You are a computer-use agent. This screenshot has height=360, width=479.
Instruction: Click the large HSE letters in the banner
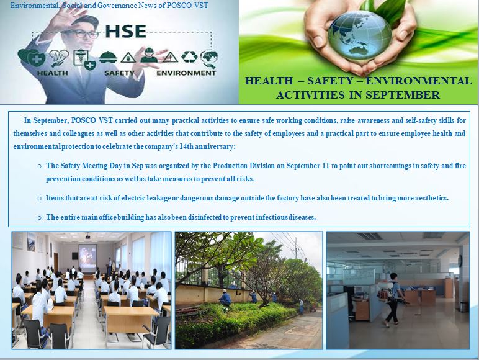(x=126, y=31)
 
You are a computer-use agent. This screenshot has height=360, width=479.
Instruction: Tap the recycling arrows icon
(x=189, y=57)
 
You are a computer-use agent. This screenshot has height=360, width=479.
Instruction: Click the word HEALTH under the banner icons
(x=53, y=73)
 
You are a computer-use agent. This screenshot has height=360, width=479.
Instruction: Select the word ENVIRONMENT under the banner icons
(x=186, y=73)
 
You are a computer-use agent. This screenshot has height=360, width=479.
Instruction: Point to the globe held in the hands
(x=359, y=35)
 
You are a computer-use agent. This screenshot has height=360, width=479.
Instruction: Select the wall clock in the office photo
(x=460, y=260)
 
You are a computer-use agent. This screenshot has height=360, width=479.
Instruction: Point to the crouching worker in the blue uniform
(x=225, y=298)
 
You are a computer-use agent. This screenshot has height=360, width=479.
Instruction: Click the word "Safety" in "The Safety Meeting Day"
(x=70, y=166)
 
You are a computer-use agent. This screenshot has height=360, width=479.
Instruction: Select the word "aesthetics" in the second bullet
(x=431, y=198)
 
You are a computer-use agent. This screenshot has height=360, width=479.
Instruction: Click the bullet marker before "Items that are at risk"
(x=40, y=199)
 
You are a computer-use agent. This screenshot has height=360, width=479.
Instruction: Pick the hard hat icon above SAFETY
(x=108, y=57)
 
